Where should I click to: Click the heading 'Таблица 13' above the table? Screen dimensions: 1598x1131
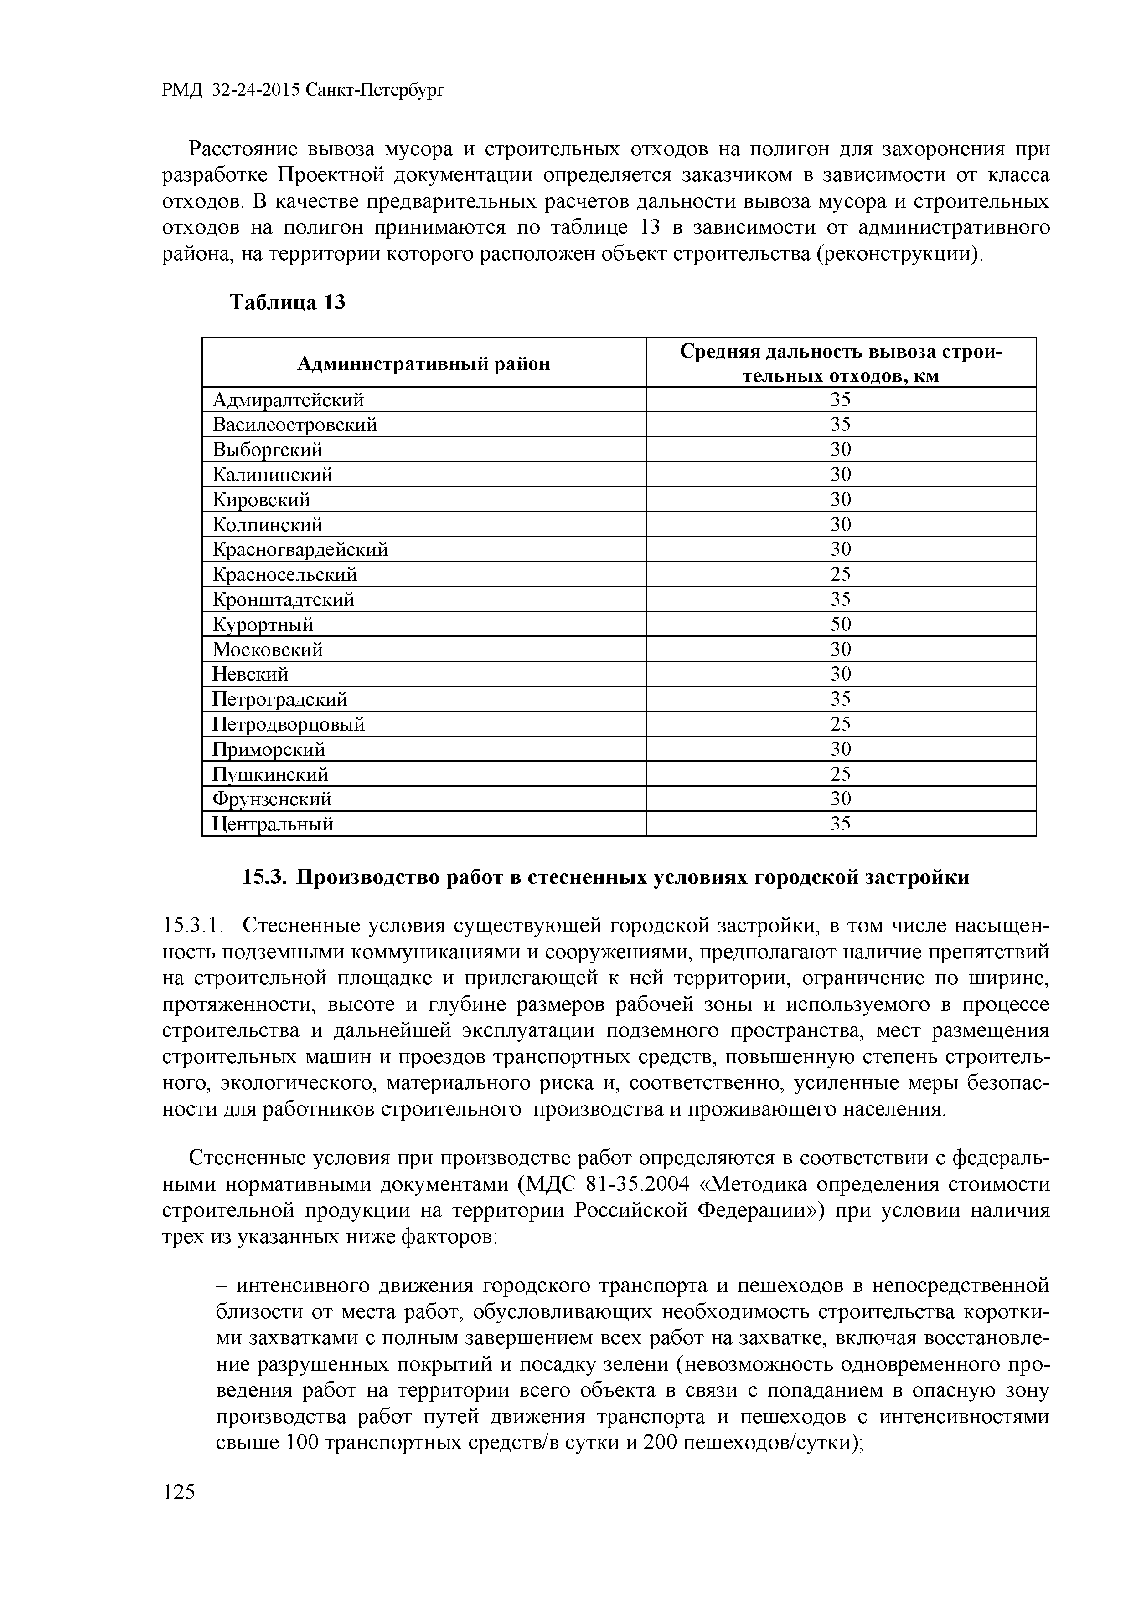click(x=288, y=302)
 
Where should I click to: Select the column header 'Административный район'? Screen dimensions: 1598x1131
click(x=423, y=364)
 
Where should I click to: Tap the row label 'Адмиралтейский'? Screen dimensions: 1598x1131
click(x=288, y=399)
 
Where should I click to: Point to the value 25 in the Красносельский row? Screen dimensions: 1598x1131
click(x=841, y=574)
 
